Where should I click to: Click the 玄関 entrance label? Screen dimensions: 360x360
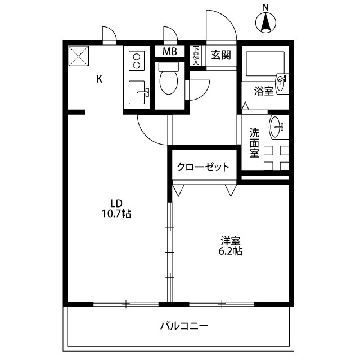[x=220, y=55]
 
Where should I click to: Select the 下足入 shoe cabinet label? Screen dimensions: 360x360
[x=196, y=56]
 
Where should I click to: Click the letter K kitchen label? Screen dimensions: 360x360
[x=99, y=79]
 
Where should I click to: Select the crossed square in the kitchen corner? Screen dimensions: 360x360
[x=78, y=56]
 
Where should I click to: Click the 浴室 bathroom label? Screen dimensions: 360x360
[x=263, y=91]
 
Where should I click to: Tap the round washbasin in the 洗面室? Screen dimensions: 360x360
[x=277, y=126]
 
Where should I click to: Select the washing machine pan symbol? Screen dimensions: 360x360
[x=276, y=157]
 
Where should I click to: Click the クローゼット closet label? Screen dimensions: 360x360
[x=203, y=167]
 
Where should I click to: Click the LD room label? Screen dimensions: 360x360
[x=116, y=203]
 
